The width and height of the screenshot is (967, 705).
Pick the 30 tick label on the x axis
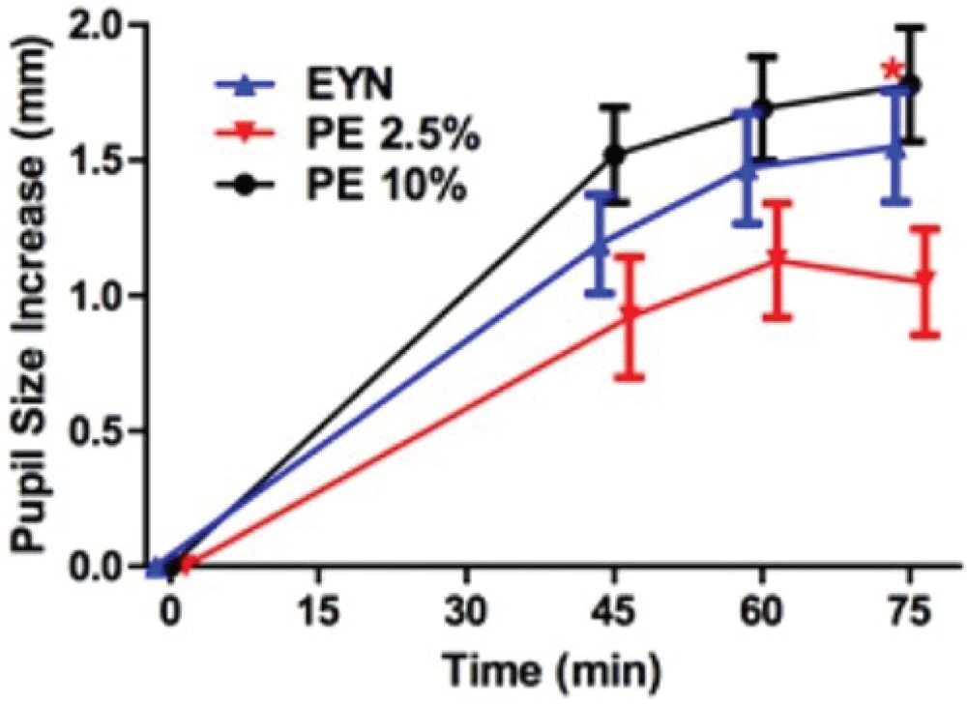pyautogui.click(x=468, y=613)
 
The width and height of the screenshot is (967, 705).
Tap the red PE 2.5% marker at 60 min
pyautogui.click(x=777, y=258)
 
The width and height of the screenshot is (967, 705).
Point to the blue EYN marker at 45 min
pyautogui.click(x=601, y=246)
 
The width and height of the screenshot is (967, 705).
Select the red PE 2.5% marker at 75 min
pyautogui.click(x=925, y=278)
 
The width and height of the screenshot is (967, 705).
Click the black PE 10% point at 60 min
pyautogui.click(x=763, y=107)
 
